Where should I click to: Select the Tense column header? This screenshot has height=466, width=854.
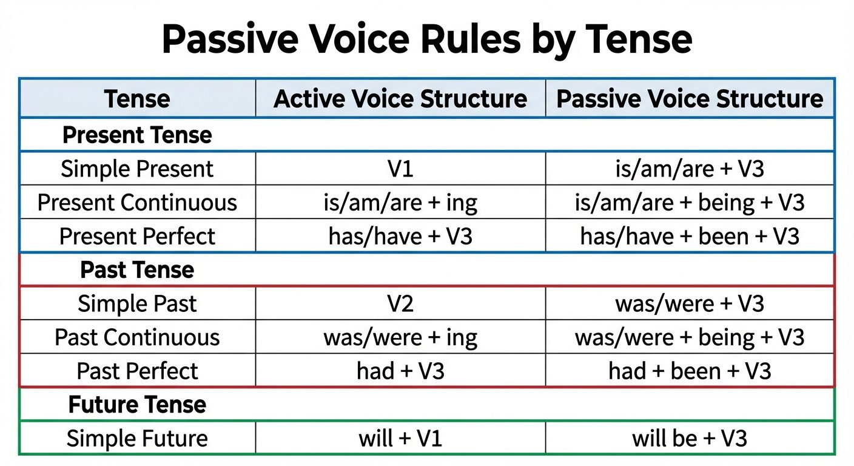point(137,99)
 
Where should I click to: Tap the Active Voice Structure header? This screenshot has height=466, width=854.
point(400,99)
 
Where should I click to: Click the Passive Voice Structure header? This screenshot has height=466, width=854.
point(690,99)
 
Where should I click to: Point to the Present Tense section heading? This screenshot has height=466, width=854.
point(137,135)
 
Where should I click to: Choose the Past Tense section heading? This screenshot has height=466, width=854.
point(137,270)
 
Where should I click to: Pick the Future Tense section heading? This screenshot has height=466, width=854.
point(137,405)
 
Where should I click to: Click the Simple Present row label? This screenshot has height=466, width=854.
point(137,169)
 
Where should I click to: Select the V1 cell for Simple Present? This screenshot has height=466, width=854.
point(400,169)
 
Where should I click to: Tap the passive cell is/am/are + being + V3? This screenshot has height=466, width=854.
point(690,203)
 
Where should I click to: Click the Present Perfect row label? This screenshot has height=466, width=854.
point(137,237)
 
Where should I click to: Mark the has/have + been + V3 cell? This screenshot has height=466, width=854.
point(690,237)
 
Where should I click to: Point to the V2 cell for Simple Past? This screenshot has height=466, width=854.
point(400,303)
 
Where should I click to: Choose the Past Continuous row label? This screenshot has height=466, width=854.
point(137,337)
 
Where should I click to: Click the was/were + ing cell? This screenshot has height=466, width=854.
point(400,337)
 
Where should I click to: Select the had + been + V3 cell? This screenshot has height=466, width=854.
point(690,371)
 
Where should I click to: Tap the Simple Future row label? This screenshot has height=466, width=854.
point(137,438)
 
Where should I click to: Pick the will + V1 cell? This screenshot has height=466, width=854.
point(400,438)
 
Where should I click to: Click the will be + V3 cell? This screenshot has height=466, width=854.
point(690,438)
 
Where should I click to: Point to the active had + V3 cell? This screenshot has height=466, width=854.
point(400,371)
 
